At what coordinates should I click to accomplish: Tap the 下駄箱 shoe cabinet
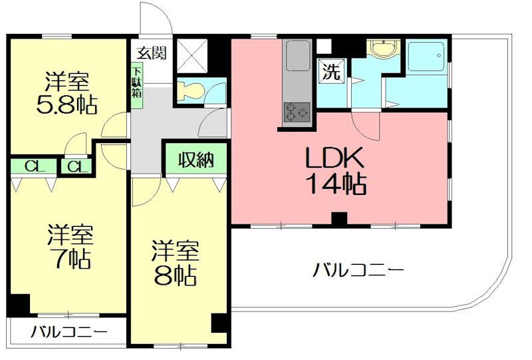[136, 81]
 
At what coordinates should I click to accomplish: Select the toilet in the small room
[191, 91]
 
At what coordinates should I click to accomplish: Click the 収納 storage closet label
[196, 160]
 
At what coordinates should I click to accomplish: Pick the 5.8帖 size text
[66, 105]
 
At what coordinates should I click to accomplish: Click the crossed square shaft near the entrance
[193, 54]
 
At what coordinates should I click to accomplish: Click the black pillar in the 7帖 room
[19, 304]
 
